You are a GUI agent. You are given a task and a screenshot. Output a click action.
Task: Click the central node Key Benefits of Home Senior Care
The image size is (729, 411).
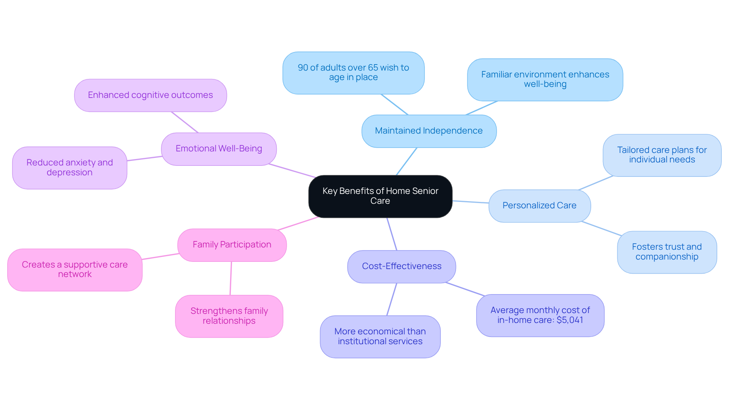pos(380,196)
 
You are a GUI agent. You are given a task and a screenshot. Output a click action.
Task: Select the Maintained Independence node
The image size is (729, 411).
pos(429,131)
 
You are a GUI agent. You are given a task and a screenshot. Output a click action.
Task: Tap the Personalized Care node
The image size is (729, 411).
pos(539,206)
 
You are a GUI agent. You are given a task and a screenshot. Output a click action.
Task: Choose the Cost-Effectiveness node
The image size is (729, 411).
pos(401,266)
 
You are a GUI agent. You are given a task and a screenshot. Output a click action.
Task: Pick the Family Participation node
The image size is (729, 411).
pos(232,245)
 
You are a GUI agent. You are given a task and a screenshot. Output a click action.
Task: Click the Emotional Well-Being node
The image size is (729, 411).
pos(219,149)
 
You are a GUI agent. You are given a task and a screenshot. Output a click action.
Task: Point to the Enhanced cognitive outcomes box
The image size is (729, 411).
pos(150,95)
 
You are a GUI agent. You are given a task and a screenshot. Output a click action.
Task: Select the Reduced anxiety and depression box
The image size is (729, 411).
pos(69,168)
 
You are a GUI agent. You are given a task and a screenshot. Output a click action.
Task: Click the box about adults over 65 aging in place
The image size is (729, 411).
pos(353,73)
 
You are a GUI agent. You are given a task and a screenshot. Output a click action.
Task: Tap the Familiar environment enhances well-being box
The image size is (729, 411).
pos(545,80)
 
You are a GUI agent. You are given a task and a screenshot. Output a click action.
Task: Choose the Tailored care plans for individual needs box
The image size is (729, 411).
pos(662,155)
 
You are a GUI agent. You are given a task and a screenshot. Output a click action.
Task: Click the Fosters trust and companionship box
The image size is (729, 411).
pos(667,252)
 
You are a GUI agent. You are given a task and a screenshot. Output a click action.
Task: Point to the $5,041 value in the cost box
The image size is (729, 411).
pos(570,320)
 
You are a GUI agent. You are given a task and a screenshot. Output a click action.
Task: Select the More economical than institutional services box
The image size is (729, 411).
pos(380,337)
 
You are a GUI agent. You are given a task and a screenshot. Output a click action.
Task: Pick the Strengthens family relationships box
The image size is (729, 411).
pos(229,316)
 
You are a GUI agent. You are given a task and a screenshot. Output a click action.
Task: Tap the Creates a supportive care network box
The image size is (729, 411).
pos(75,270)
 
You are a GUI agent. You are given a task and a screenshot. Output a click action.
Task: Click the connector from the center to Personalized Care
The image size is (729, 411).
pos(471,202)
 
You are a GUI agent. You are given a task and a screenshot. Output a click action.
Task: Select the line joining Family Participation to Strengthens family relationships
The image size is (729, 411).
pos(230,278)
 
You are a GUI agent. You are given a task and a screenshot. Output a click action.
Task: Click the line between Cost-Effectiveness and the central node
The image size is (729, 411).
pos(392,234)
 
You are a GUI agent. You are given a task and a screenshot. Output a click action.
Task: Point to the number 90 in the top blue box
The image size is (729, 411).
pos(303,68)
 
